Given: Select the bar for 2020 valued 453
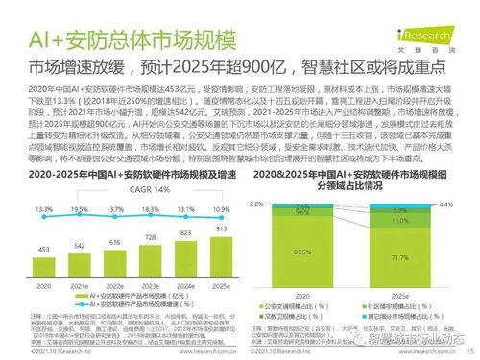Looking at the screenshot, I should (45, 268).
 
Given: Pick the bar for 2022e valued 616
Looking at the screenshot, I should (115, 262).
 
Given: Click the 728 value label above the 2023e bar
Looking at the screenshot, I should (151, 236).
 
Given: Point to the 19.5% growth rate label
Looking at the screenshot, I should (80, 208).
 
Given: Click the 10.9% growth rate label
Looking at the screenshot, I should (220, 208).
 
